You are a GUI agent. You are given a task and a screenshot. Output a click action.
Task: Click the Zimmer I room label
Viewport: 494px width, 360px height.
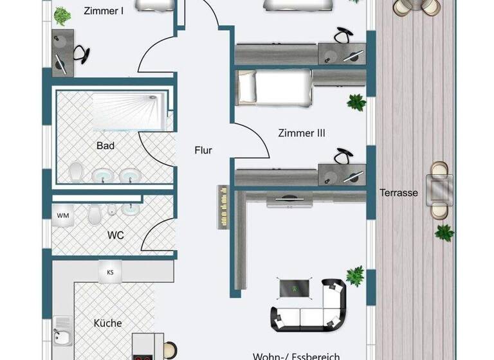(104, 10)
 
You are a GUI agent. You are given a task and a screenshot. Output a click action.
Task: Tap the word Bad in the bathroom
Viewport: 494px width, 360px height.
(105, 146)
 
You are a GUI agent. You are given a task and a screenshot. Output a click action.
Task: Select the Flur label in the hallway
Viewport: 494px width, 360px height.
(203, 150)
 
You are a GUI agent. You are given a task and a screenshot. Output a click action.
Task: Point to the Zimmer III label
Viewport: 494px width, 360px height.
(302, 134)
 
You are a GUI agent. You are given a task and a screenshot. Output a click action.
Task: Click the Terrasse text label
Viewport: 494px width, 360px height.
(398, 192)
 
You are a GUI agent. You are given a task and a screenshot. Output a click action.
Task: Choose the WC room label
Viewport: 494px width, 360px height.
(115, 235)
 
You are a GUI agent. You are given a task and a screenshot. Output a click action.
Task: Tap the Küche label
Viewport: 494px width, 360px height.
(107, 323)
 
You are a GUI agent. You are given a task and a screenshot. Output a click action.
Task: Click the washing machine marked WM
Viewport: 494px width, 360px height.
(63, 215)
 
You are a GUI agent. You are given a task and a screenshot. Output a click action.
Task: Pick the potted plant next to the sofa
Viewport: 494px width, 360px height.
(354, 276)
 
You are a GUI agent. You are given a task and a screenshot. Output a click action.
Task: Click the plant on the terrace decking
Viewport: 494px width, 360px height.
(444, 232)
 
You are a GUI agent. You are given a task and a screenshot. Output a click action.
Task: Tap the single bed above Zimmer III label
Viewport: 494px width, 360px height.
(273, 87)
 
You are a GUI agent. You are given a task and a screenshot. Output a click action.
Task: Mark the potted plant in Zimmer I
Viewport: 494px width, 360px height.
(62, 15)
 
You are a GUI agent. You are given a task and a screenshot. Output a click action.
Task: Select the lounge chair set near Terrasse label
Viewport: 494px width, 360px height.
(440, 190)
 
